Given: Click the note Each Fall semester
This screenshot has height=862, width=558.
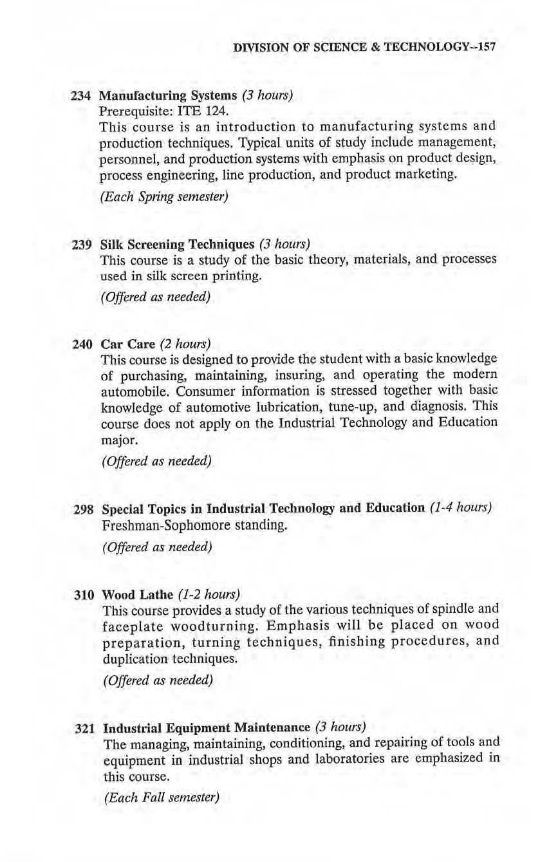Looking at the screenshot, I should pos(162,798).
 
